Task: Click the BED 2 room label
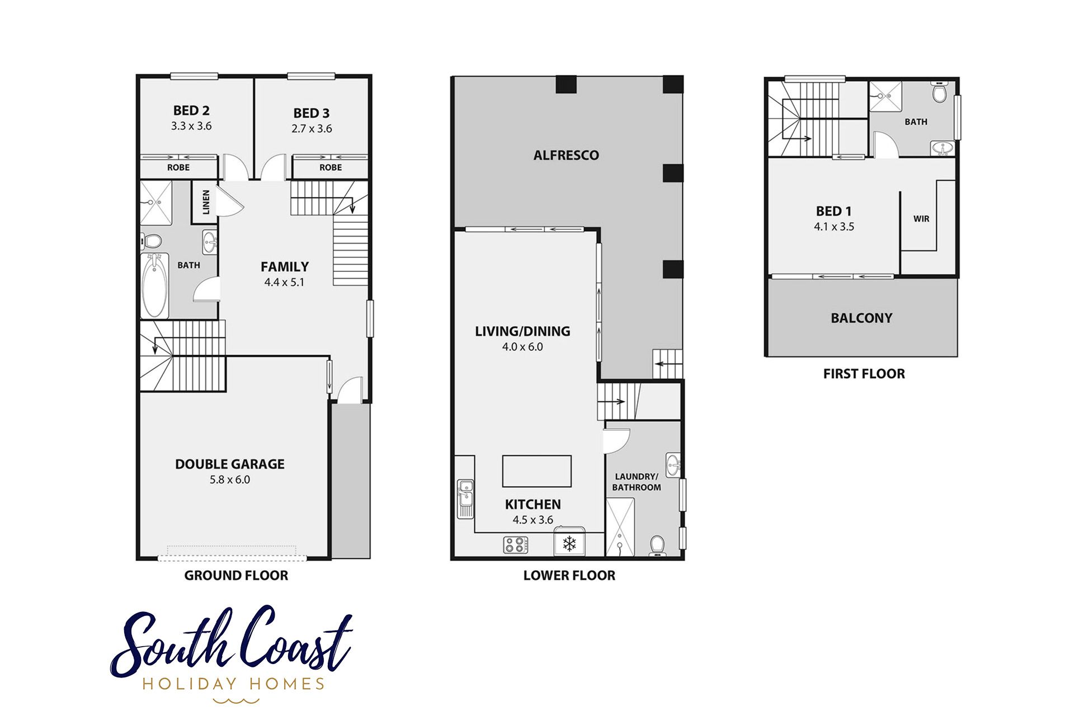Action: point(191,111)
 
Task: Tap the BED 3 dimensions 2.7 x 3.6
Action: point(312,129)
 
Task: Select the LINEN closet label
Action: point(206,202)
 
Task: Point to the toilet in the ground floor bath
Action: point(151,241)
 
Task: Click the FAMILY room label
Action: point(285,267)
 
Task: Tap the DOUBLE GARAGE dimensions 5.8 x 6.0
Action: point(230,480)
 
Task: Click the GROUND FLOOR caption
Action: point(236,576)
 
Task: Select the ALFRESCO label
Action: point(566,156)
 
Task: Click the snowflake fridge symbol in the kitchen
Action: point(569,543)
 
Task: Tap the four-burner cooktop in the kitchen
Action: point(516,544)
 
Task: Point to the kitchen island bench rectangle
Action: point(536,471)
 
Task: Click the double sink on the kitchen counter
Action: point(465,498)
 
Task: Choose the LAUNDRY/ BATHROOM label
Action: point(637,482)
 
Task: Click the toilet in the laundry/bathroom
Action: point(657,545)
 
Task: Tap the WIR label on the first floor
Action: point(921,219)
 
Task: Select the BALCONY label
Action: point(861,318)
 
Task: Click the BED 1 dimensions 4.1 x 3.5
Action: point(834,227)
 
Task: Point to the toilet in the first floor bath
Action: point(940,92)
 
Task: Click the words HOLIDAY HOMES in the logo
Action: point(233,684)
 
